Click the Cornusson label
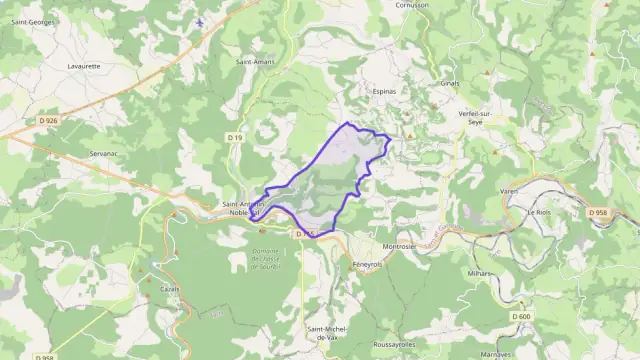point(411,5)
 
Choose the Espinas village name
point(385,91)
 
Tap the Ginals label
point(449,84)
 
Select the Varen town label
point(509,190)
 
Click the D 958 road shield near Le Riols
point(598,212)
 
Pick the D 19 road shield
point(234,137)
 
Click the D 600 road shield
point(522,316)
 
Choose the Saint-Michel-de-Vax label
point(327,333)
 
